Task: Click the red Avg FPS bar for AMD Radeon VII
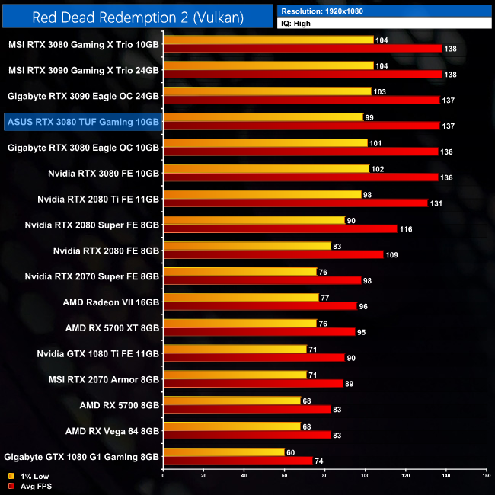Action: click(260, 306)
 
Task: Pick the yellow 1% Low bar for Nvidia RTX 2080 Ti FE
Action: click(262, 194)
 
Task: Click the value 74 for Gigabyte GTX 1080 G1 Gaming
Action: click(320, 461)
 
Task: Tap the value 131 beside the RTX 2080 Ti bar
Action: click(436, 203)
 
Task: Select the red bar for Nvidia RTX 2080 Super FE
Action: click(279, 228)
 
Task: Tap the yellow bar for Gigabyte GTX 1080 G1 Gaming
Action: click(223, 452)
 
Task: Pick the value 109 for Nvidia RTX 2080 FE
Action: click(392, 254)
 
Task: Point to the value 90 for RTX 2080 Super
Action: click(351, 220)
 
